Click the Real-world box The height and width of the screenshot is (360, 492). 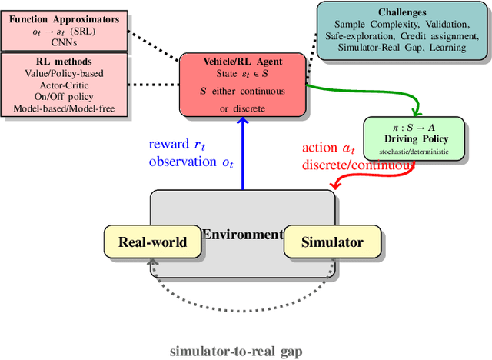click(x=152, y=242)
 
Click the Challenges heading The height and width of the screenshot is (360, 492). click(x=402, y=12)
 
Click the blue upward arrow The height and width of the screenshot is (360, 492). click(x=242, y=154)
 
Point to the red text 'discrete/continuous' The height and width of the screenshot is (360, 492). click(x=353, y=164)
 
